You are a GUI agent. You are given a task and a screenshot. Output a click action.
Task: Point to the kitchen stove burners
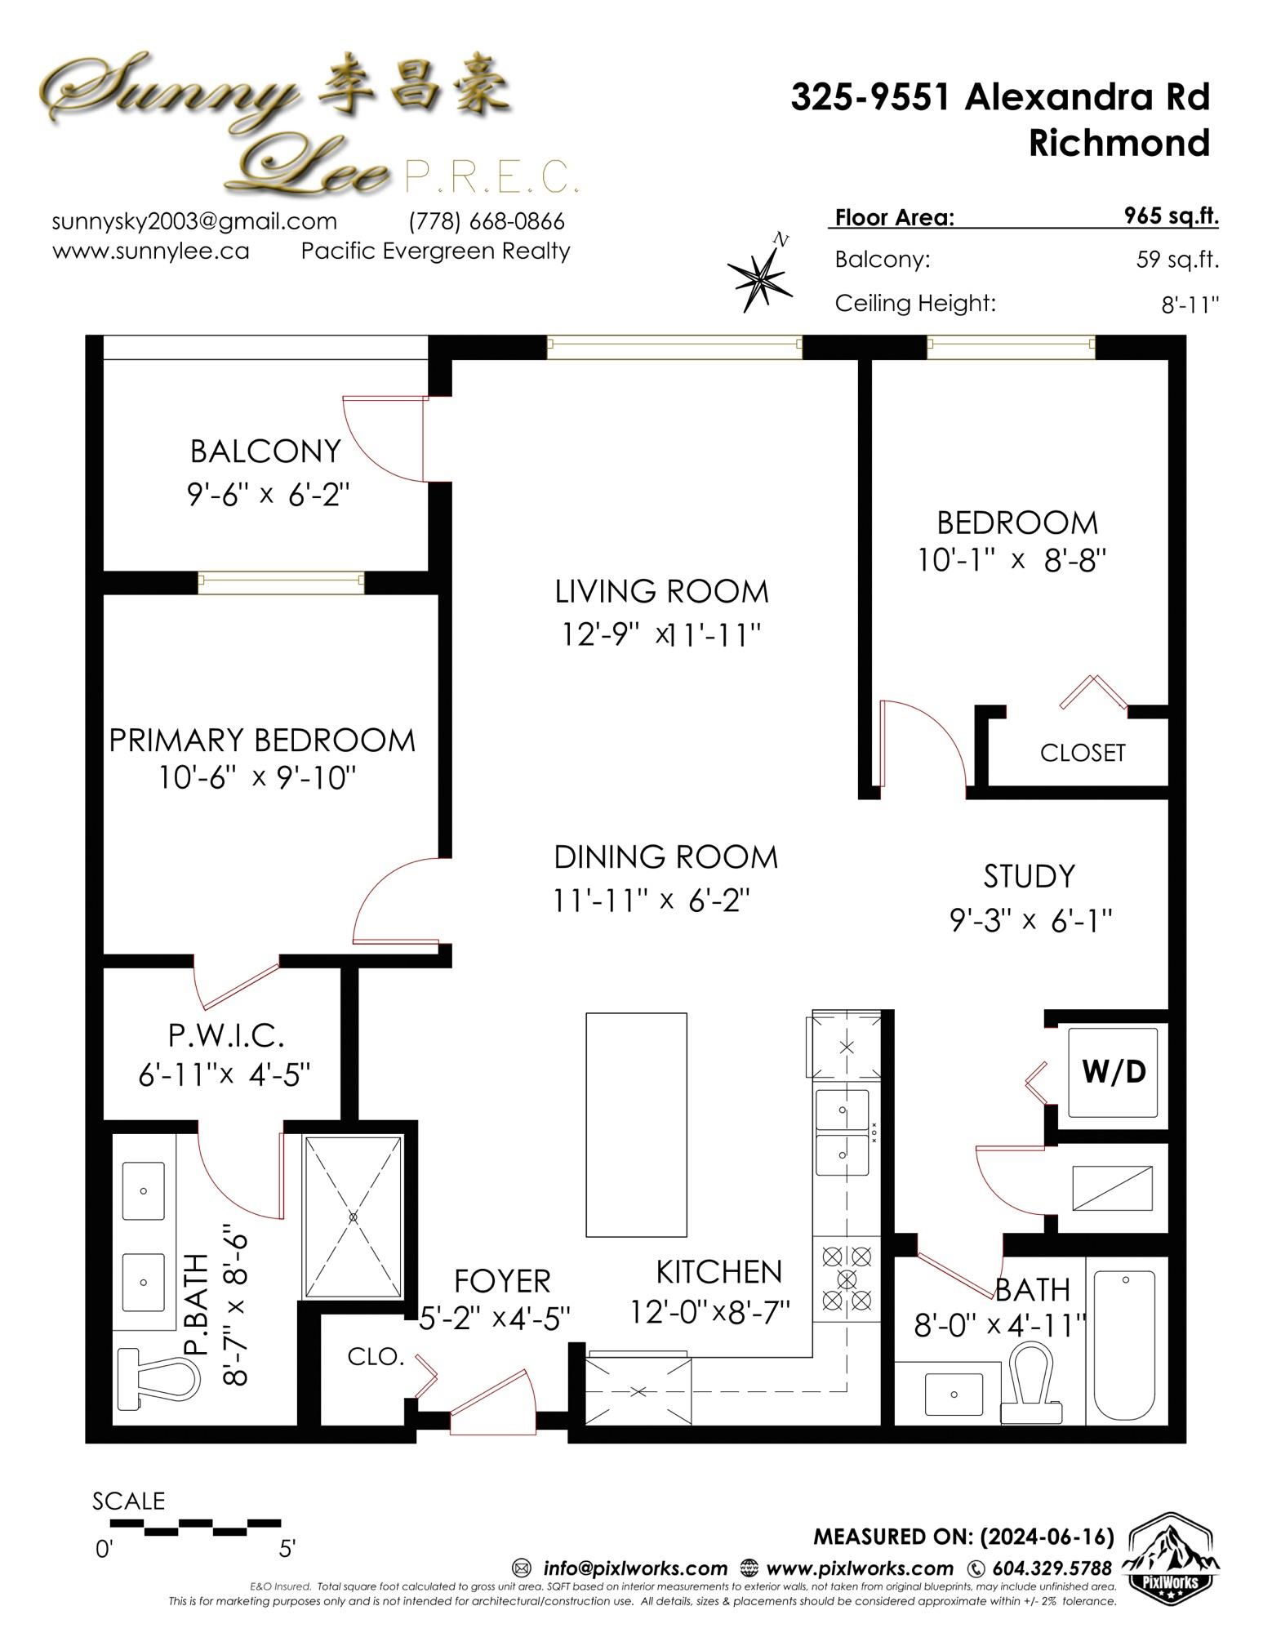pos(847,1276)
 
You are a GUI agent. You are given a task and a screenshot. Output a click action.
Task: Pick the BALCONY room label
pos(265,451)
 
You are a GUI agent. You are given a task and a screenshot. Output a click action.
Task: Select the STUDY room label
pos(1030,876)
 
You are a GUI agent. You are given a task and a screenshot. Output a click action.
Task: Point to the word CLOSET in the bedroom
pos(1083,753)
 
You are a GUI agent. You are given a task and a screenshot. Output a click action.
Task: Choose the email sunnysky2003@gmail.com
pos(194,221)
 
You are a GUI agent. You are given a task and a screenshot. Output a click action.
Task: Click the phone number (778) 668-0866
pos(487,221)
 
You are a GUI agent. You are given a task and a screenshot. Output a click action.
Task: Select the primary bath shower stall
pos(354,1217)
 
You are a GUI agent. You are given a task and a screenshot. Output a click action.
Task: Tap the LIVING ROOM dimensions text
pos(662,634)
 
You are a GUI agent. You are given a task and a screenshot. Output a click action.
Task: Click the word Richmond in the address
pos(1119,143)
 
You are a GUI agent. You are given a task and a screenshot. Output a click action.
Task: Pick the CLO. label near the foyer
pos(376,1357)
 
